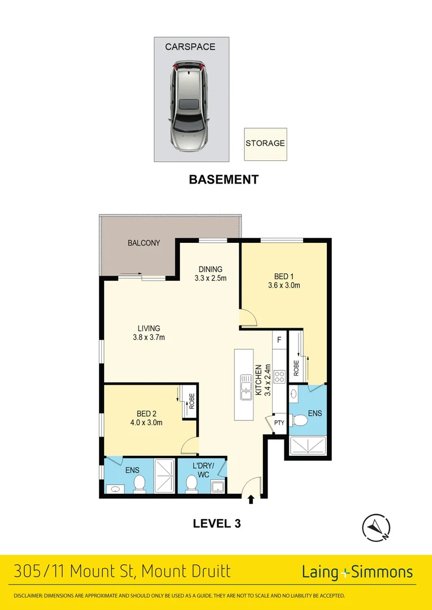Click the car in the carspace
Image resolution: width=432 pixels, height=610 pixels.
(x=189, y=107)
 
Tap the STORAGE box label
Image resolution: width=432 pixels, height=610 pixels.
(x=265, y=143)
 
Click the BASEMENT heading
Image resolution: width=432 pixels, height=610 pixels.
(x=223, y=180)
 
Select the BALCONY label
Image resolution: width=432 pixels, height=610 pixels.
(x=144, y=243)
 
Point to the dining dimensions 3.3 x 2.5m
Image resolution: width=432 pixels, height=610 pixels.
(x=210, y=278)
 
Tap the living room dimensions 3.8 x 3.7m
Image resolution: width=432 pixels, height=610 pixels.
(x=149, y=338)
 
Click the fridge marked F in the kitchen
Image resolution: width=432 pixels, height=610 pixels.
(x=279, y=340)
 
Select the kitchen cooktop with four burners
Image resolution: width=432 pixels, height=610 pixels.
(x=279, y=377)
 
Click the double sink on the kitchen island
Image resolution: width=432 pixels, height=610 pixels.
(x=245, y=387)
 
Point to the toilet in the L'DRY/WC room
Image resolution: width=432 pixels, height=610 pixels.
(x=192, y=484)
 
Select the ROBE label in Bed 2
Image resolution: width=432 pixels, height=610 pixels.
(x=192, y=400)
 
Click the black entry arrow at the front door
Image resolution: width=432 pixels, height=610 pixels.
(x=251, y=499)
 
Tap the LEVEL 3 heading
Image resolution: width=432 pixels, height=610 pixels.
(x=217, y=524)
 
